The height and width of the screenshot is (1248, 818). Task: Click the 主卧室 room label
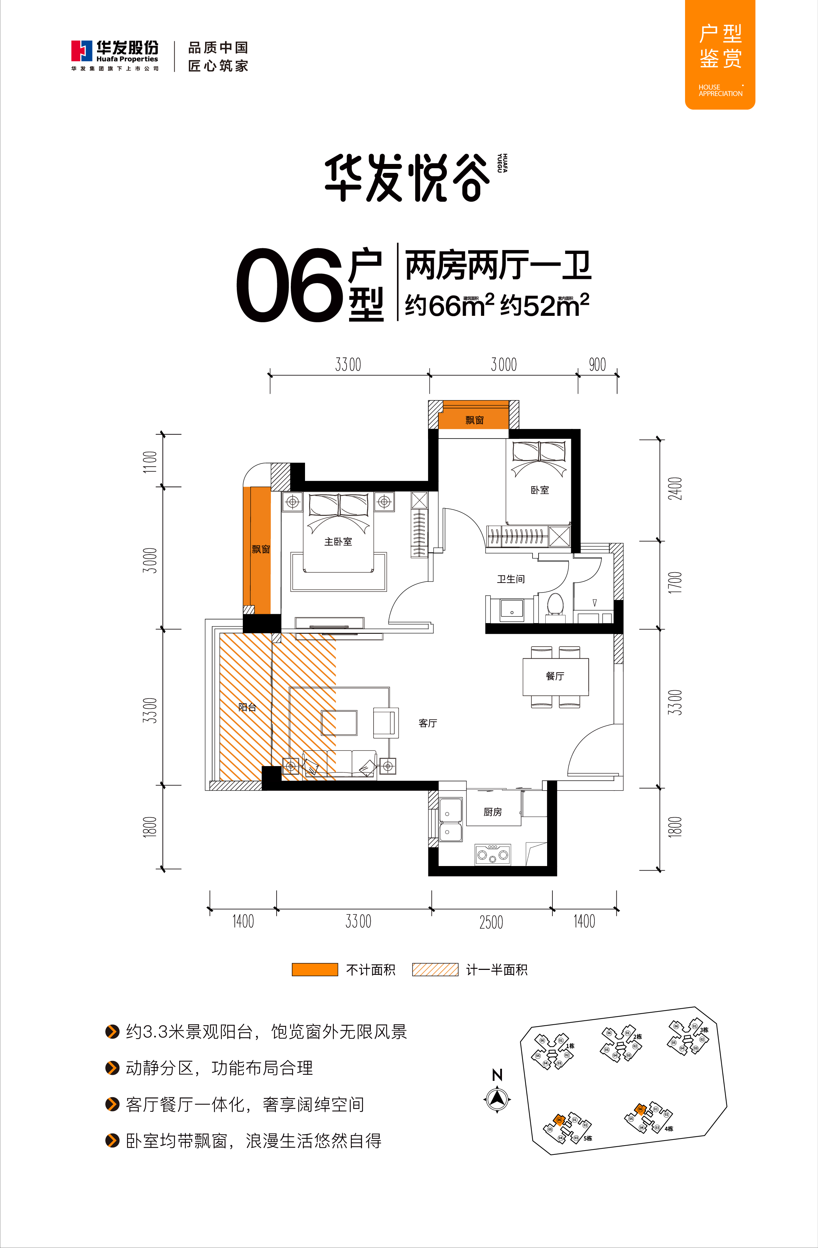point(338,542)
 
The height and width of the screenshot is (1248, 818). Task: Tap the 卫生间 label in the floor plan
point(510,579)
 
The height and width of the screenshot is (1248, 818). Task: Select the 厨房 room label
point(493,812)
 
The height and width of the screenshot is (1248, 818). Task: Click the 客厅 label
point(428,723)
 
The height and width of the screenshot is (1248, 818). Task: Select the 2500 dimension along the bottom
point(491,922)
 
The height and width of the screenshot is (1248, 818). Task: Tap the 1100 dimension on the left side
point(150,461)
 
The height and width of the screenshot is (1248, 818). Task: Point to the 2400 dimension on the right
point(675,488)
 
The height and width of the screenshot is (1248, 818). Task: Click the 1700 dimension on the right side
point(675,583)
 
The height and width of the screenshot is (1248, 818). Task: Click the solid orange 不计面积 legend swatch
point(314,970)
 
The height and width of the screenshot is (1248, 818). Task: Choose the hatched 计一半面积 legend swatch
point(435,970)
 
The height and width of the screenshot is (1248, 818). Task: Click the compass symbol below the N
point(497,1098)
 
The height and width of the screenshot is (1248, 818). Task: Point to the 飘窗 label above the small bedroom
point(474,419)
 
